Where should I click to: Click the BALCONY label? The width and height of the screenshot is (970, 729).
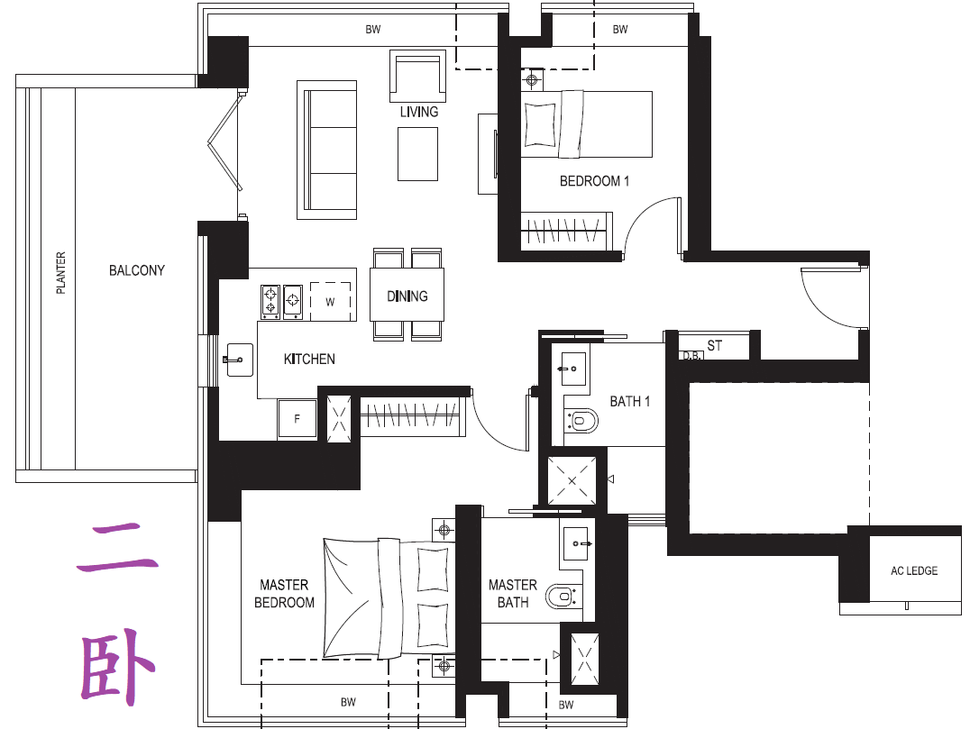[137, 270]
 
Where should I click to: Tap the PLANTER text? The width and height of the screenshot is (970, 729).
[60, 273]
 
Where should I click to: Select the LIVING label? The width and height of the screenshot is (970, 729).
[419, 112]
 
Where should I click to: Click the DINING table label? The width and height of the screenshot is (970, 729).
[407, 296]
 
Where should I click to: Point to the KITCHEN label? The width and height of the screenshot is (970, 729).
[309, 360]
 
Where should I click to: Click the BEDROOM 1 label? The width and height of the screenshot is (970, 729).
[594, 181]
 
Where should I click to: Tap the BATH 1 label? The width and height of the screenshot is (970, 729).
[630, 401]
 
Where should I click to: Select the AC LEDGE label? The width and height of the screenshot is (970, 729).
[914, 570]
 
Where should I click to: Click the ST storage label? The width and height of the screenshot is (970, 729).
[715, 346]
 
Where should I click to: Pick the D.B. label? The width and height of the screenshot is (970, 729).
[691, 356]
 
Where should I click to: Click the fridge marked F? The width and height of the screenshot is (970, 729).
[297, 419]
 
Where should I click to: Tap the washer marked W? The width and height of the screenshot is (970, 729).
[330, 301]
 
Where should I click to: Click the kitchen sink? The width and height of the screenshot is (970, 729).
[239, 360]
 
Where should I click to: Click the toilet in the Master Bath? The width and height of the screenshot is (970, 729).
[562, 597]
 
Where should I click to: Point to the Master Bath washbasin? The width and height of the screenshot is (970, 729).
[575, 543]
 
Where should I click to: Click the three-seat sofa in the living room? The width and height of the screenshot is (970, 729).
[326, 150]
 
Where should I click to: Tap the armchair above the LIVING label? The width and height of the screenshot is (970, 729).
[417, 76]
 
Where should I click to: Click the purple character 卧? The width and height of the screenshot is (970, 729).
[117, 667]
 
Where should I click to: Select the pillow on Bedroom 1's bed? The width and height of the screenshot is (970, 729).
[540, 123]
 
